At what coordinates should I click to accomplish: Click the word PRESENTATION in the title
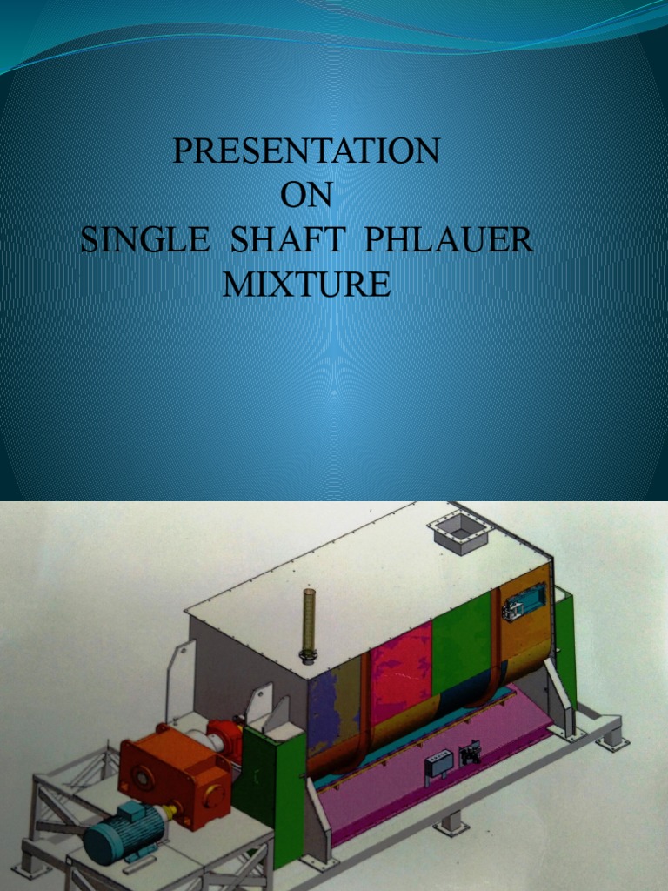click(x=306, y=151)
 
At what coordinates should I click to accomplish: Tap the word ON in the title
click(x=306, y=196)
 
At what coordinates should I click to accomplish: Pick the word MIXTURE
click(x=306, y=285)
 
